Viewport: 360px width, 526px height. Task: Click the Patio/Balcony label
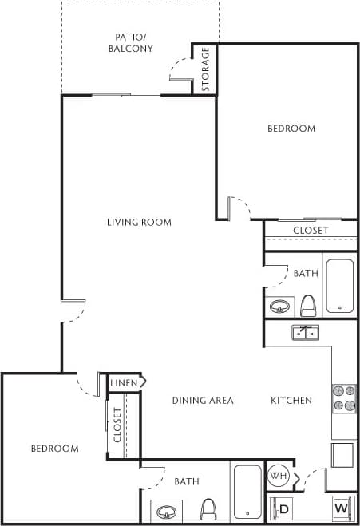[x=131, y=42]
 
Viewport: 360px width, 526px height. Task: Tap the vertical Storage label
[x=205, y=69]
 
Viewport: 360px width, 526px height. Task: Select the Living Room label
[x=139, y=222]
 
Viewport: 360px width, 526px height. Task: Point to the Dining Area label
[x=203, y=400]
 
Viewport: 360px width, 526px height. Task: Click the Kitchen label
[x=291, y=400]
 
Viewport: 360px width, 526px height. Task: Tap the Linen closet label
[x=123, y=382]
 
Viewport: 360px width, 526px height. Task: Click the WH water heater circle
[x=278, y=477]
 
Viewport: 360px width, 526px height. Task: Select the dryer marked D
[x=281, y=508]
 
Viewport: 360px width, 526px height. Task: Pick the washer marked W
[x=341, y=508]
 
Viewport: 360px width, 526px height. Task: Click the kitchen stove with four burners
[x=344, y=397]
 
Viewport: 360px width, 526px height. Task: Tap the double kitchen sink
[x=305, y=332]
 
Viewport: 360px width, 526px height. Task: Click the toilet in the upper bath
[x=308, y=305]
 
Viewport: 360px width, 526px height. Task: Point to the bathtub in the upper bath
[x=340, y=285]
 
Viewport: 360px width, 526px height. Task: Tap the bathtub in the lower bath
[x=247, y=491]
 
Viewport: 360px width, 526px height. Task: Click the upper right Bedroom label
[x=291, y=129]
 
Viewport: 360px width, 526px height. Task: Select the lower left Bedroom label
[x=54, y=449]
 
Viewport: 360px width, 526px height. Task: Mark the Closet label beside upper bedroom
[x=310, y=231]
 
